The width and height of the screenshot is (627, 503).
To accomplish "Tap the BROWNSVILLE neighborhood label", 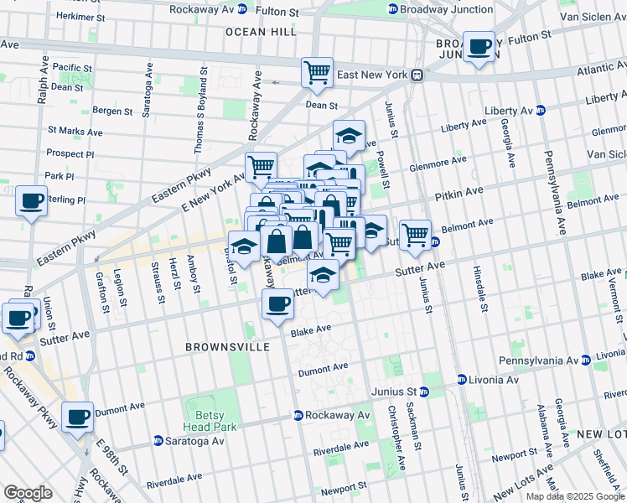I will pyautogui.click(x=216, y=346).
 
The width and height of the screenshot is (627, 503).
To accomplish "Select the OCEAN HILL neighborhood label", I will pyautogui.click(x=261, y=31).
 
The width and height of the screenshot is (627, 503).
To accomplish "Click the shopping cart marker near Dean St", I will pyautogui.click(x=318, y=73).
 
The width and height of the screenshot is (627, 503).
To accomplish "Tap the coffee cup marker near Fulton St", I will pyautogui.click(x=479, y=47).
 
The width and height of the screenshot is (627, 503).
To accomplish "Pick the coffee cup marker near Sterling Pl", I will pyautogui.click(x=31, y=201).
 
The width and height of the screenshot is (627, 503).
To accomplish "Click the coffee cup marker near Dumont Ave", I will pyautogui.click(x=79, y=416).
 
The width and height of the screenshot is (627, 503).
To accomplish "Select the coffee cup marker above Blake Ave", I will pyautogui.click(x=277, y=304).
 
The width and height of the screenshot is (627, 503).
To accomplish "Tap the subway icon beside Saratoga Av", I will pyautogui.click(x=158, y=441).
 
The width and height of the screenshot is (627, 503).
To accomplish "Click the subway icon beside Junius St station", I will pyautogui.click(x=424, y=392).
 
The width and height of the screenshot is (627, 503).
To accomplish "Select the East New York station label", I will pyautogui.click(x=371, y=75).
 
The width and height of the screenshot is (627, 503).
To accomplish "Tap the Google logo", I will pyautogui.click(x=28, y=493).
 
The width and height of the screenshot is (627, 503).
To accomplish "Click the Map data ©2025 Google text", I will pyautogui.click(x=574, y=496).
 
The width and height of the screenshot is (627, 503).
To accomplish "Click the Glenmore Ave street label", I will pyautogui.click(x=438, y=162).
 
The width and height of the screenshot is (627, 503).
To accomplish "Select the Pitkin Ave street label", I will pyautogui.click(x=459, y=194).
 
